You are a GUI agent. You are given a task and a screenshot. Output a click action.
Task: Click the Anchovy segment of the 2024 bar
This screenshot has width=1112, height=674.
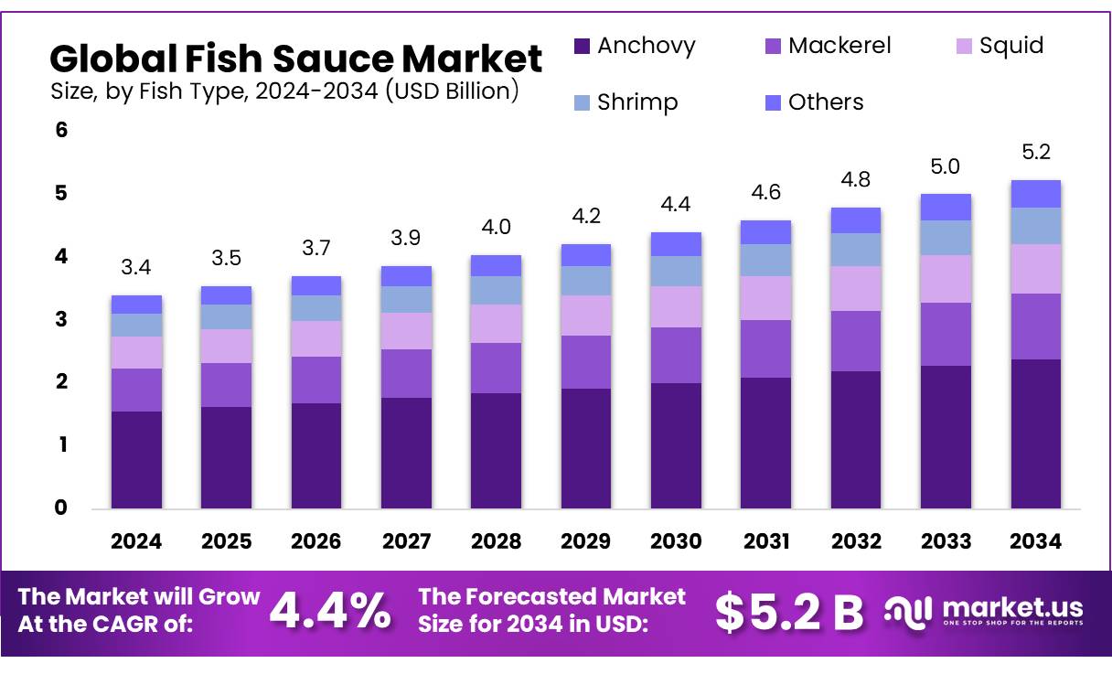136,459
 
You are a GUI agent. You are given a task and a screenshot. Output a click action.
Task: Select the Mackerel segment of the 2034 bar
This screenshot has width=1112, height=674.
1036,326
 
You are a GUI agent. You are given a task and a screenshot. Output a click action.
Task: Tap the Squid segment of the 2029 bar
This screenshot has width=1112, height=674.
586,315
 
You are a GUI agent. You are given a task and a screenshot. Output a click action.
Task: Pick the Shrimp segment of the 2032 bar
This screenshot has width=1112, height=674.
856,250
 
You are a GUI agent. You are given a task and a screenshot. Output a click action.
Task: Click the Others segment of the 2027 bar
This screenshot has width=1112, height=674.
406,276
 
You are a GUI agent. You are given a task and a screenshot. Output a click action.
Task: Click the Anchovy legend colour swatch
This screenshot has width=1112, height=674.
583,46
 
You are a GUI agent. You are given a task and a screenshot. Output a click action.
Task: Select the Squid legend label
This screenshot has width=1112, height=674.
1010,46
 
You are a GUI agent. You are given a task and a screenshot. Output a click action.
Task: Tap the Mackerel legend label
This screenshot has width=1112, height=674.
839,46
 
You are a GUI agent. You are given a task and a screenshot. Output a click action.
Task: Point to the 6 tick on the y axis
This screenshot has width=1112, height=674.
61,130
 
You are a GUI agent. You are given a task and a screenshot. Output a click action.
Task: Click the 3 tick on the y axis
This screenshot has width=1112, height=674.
61,319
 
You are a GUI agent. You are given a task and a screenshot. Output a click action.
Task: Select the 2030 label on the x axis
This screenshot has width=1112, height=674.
676,541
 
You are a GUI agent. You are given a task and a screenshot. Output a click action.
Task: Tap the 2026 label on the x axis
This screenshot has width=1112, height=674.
316,541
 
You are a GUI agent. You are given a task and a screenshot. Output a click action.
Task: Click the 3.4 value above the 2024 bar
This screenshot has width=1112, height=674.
136,268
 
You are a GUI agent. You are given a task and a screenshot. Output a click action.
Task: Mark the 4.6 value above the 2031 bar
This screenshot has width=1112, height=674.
766,193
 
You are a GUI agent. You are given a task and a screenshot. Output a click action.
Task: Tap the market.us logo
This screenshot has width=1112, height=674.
984,611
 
